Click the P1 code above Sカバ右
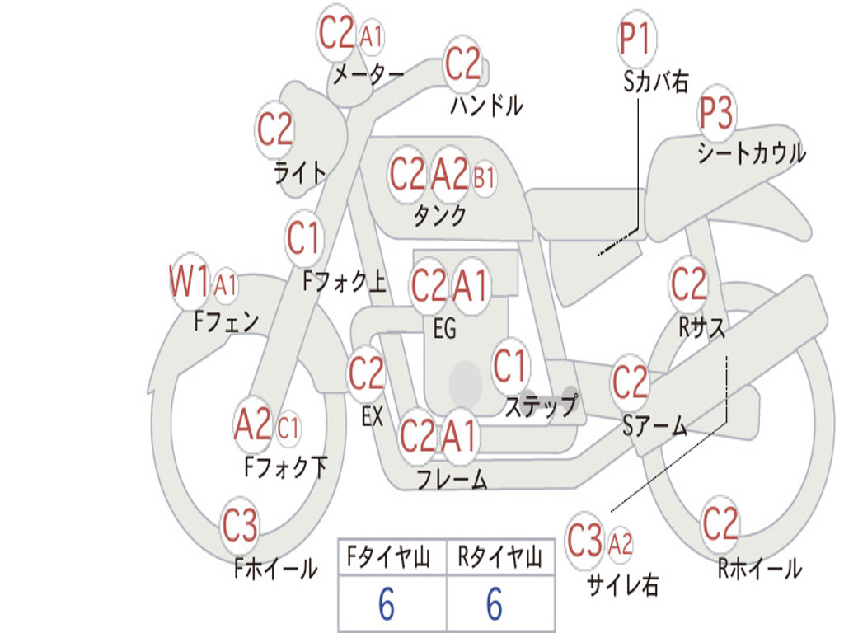[635, 39]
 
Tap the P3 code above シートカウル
[717, 114]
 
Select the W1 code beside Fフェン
[190, 282]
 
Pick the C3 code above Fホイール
[240, 527]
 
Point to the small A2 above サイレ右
[620, 543]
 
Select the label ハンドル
[486, 105]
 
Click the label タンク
[439, 216]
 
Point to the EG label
[444, 330]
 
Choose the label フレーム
[451, 480]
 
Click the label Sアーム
[654, 426]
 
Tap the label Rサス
[701, 327]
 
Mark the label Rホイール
[759, 569]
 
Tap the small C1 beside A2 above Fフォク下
[288, 428]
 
